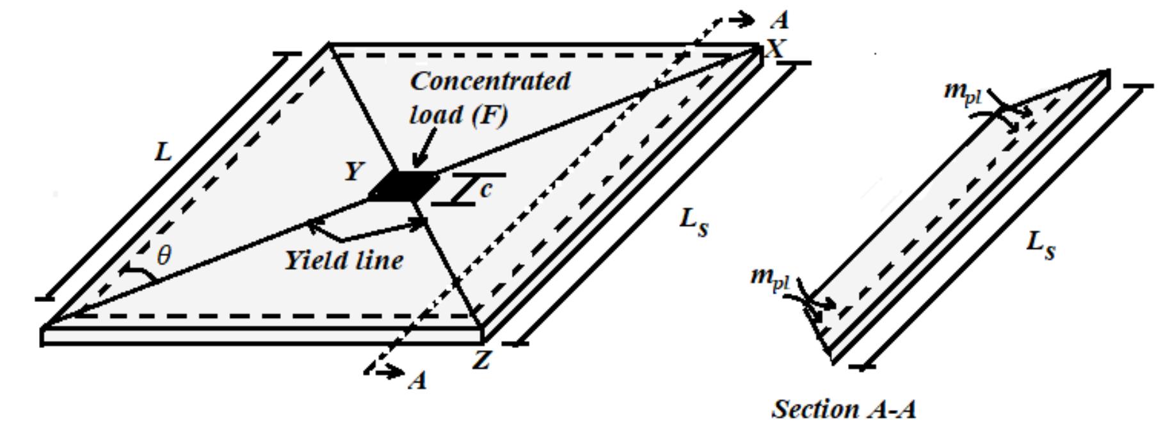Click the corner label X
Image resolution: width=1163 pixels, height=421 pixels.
click(x=776, y=49)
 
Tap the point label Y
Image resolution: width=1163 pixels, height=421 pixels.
click(x=354, y=171)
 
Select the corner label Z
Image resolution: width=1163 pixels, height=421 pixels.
click(x=481, y=361)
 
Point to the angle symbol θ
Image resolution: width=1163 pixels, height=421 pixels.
click(x=164, y=256)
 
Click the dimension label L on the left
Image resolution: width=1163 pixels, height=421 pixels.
click(x=164, y=153)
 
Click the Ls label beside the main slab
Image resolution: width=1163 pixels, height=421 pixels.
click(x=694, y=223)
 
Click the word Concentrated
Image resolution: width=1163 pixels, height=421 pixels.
click(x=490, y=81)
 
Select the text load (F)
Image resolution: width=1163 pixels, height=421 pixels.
click(x=458, y=115)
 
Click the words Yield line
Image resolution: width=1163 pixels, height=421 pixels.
click(x=344, y=261)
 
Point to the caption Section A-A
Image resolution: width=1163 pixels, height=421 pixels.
click(x=844, y=408)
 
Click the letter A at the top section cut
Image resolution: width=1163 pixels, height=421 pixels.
click(x=780, y=21)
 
